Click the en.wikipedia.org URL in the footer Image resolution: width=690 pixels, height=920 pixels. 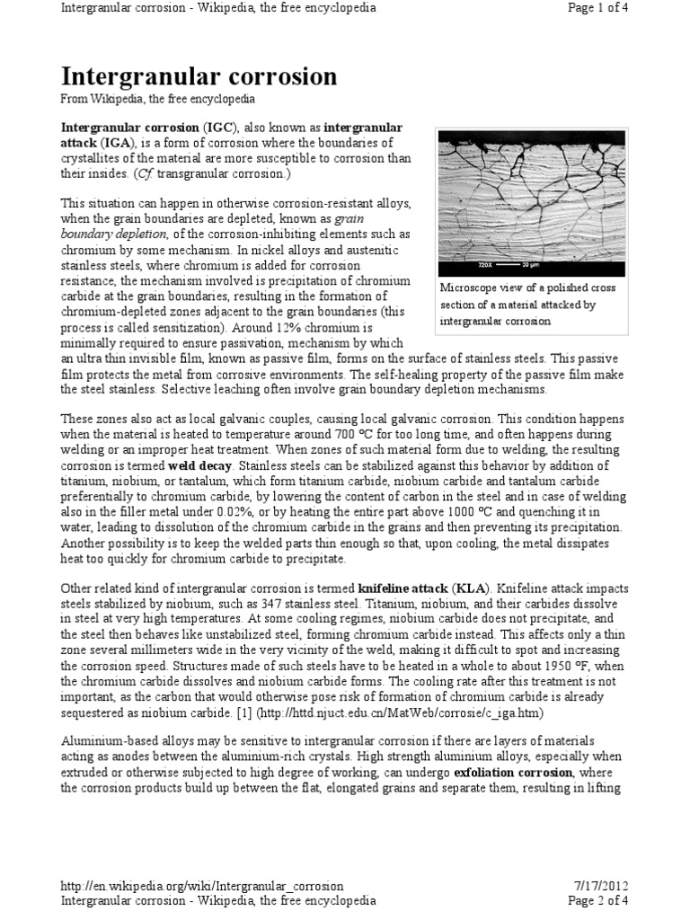(x=201, y=886)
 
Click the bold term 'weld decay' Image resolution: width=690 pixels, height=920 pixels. (x=204, y=466)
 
